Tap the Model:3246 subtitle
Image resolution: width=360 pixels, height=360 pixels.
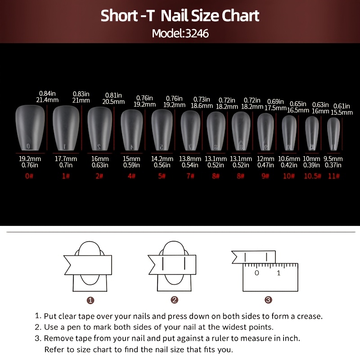point(180,33)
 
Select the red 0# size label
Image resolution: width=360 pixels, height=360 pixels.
point(29,176)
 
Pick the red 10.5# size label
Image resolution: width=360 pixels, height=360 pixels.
point(312,176)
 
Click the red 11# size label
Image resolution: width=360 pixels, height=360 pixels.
point(334,176)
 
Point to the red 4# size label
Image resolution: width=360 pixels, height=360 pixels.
point(131,176)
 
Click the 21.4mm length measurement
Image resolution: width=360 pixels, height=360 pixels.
point(47,100)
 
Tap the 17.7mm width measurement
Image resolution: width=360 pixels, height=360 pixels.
point(66,159)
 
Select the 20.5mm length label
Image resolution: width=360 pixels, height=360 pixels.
point(113,102)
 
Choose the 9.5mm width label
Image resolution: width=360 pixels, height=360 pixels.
point(333,159)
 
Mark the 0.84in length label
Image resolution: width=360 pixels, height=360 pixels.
point(47,94)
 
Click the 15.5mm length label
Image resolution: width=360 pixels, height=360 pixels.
point(342,112)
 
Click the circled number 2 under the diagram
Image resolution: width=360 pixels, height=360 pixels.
point(175,300)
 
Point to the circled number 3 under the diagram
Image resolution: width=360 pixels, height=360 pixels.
point(268,300)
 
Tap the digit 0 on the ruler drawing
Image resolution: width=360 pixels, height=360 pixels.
point(257,273)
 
